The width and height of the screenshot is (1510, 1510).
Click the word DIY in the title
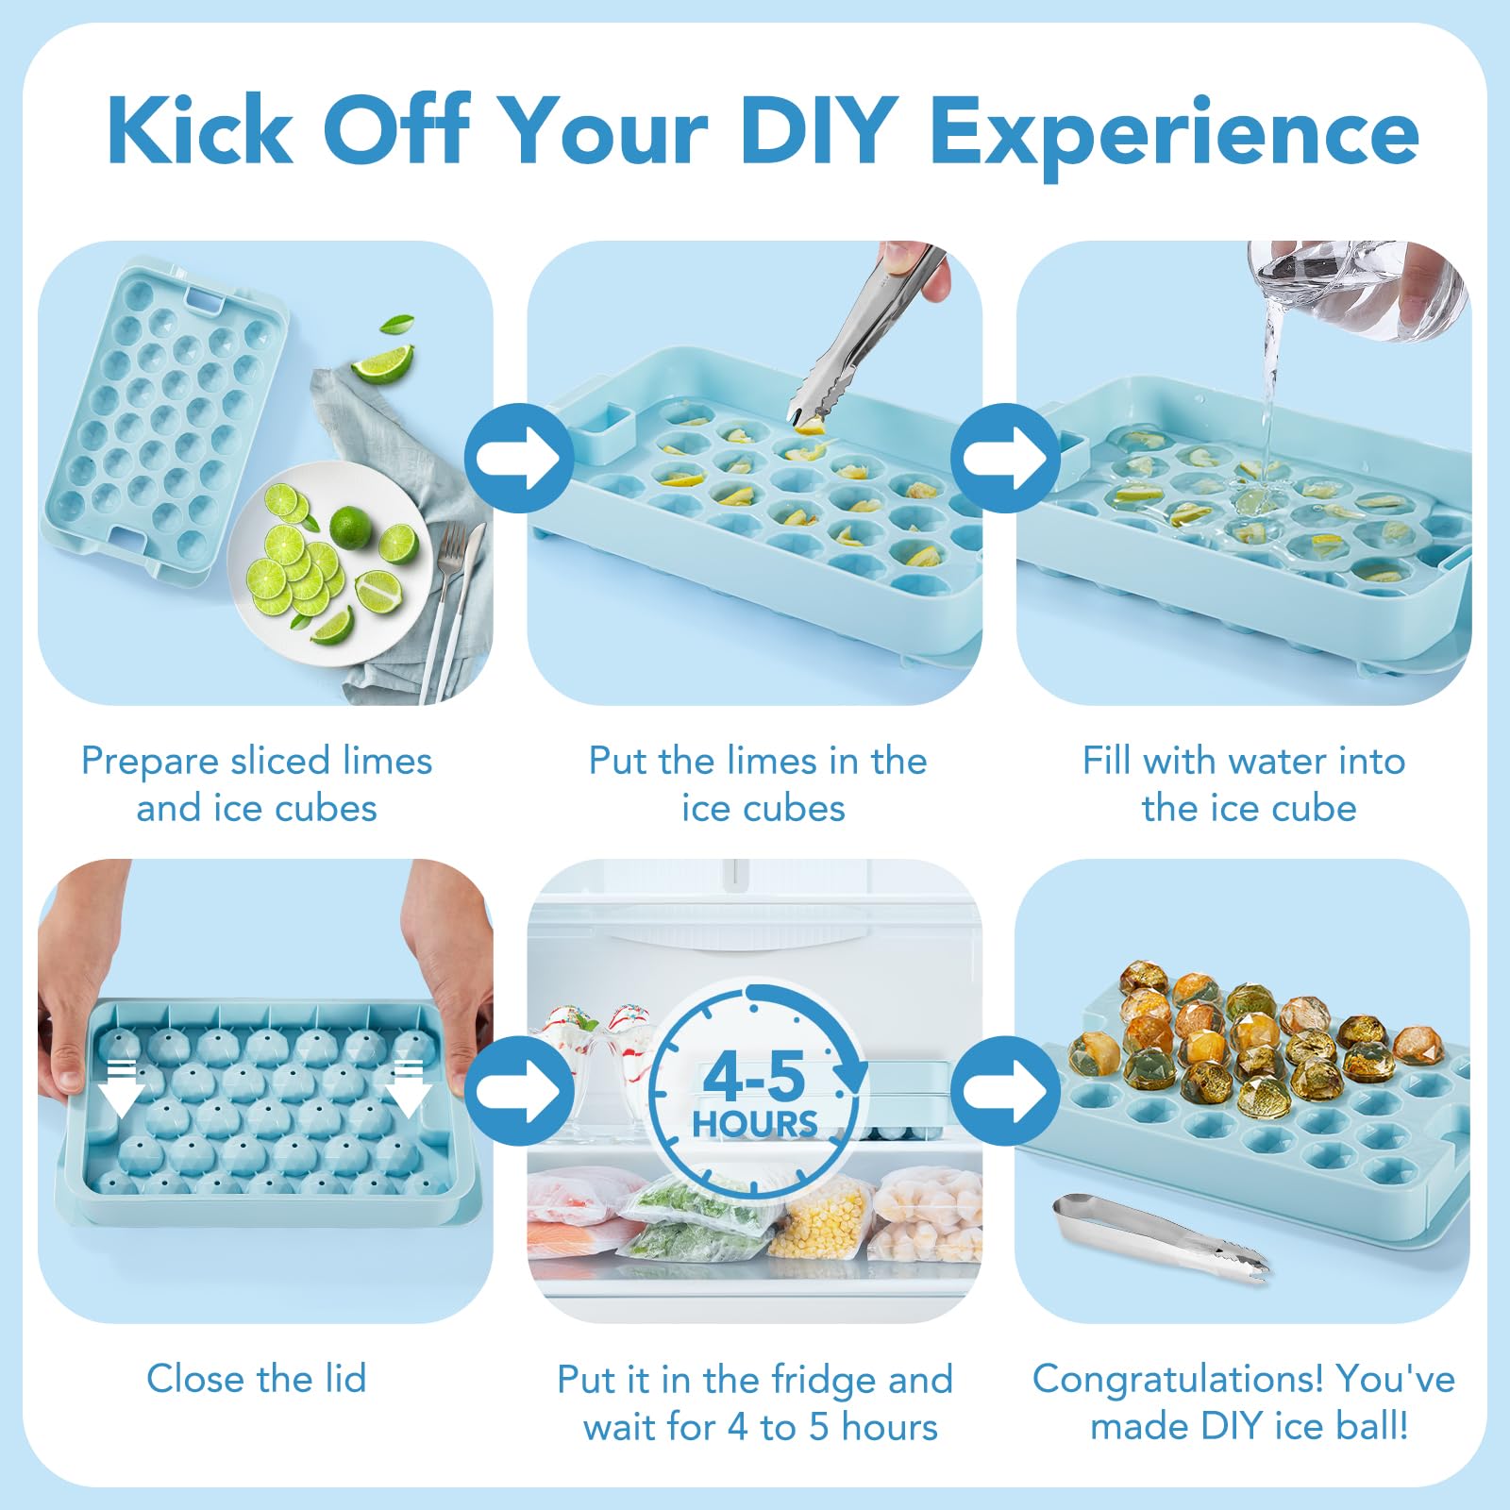818,131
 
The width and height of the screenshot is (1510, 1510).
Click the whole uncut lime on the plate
350,528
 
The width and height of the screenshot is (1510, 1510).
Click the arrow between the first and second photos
519,459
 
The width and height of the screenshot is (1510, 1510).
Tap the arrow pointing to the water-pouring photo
1004,459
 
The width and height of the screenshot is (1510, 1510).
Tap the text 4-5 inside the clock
754,1077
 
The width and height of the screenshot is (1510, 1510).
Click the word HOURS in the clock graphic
755,1124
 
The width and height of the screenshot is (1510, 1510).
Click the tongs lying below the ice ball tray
1161,1237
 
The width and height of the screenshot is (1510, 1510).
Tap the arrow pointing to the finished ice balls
1004,1091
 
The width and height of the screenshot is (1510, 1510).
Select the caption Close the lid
257,1379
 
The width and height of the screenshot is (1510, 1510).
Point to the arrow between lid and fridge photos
519,1091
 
